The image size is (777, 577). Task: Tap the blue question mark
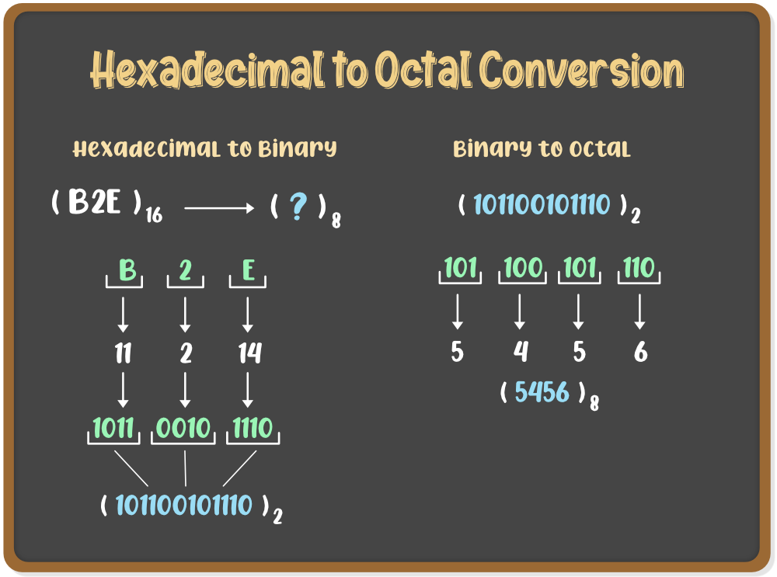click(x=298, y=206)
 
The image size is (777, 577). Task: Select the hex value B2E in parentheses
click(x=95, y=202)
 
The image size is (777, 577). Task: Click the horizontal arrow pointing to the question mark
click(x=219, y=209)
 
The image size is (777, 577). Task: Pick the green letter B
click(x=127, y=270)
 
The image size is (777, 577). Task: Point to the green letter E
click(x=249, y=270)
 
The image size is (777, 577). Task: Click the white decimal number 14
click(x=249, y=353)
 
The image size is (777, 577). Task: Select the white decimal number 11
click(x=123, y=353)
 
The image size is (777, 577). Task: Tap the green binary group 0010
click(x=183, y=428)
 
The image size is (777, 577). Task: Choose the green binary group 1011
click(x=113, y=428)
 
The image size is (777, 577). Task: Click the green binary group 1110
click(x=253, y=428)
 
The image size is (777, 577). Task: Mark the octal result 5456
click(x=542, y=392)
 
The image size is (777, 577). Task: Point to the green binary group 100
click(x=523, y=268)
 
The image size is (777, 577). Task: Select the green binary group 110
click(x=639, y=268)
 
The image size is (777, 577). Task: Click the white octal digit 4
click(x=521, y=352)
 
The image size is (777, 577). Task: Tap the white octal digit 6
click(x=640, y=352)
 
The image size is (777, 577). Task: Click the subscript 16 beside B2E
click(x=154, y=215)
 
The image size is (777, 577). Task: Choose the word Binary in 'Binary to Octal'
click(x=492, y=148)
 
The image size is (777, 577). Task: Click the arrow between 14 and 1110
click(x=248, y=390)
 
